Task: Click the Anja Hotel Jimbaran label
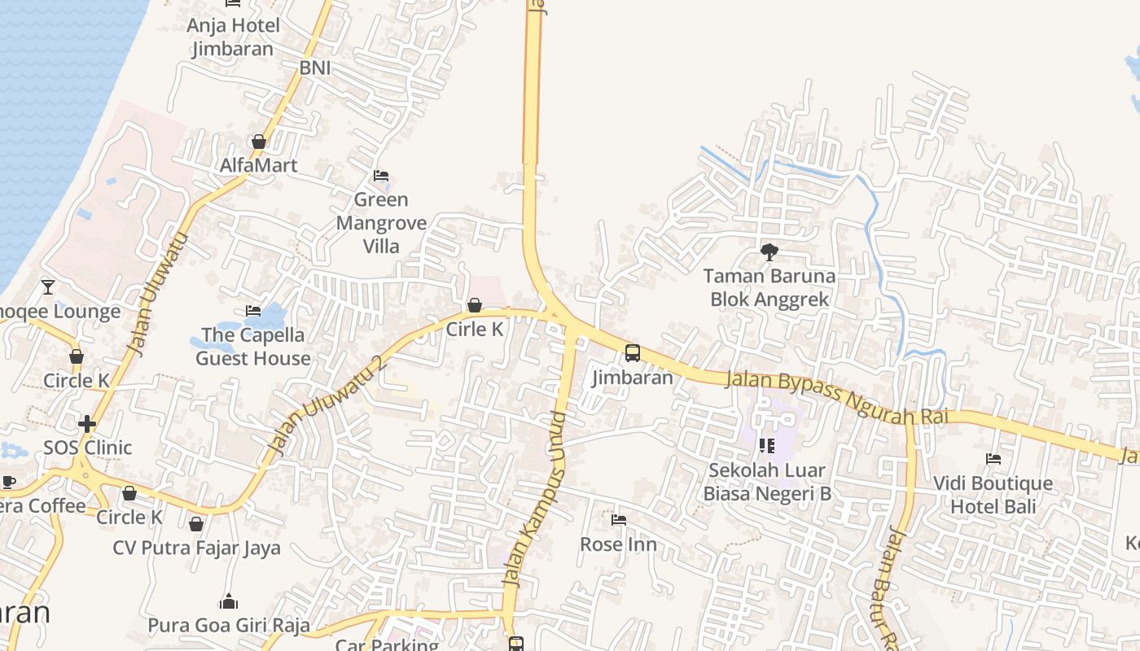tap(233, 37)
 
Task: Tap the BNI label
tap(315, 68)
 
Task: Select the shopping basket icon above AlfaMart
tap(259, 142)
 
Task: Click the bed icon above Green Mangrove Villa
tap(381, 176)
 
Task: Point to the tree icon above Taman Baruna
tap(769, 252)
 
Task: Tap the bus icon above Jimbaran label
tap(633, 353)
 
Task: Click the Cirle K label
tap(475, 330)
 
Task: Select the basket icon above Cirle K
tap(475, 305)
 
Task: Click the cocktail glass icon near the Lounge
tap(48, 286)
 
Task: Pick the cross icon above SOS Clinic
tap(87, 424)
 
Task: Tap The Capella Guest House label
tap(253, 347)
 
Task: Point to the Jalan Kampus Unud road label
tap(534, 499)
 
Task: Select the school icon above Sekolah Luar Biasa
tap(766, 446)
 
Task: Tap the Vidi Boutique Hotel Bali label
tap(993, 495)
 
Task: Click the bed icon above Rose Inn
tap(619, 519)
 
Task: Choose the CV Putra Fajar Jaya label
tap(196, 548)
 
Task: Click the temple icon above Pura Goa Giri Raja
tap(229, 602)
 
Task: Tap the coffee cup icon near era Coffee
tap(9, 482)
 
